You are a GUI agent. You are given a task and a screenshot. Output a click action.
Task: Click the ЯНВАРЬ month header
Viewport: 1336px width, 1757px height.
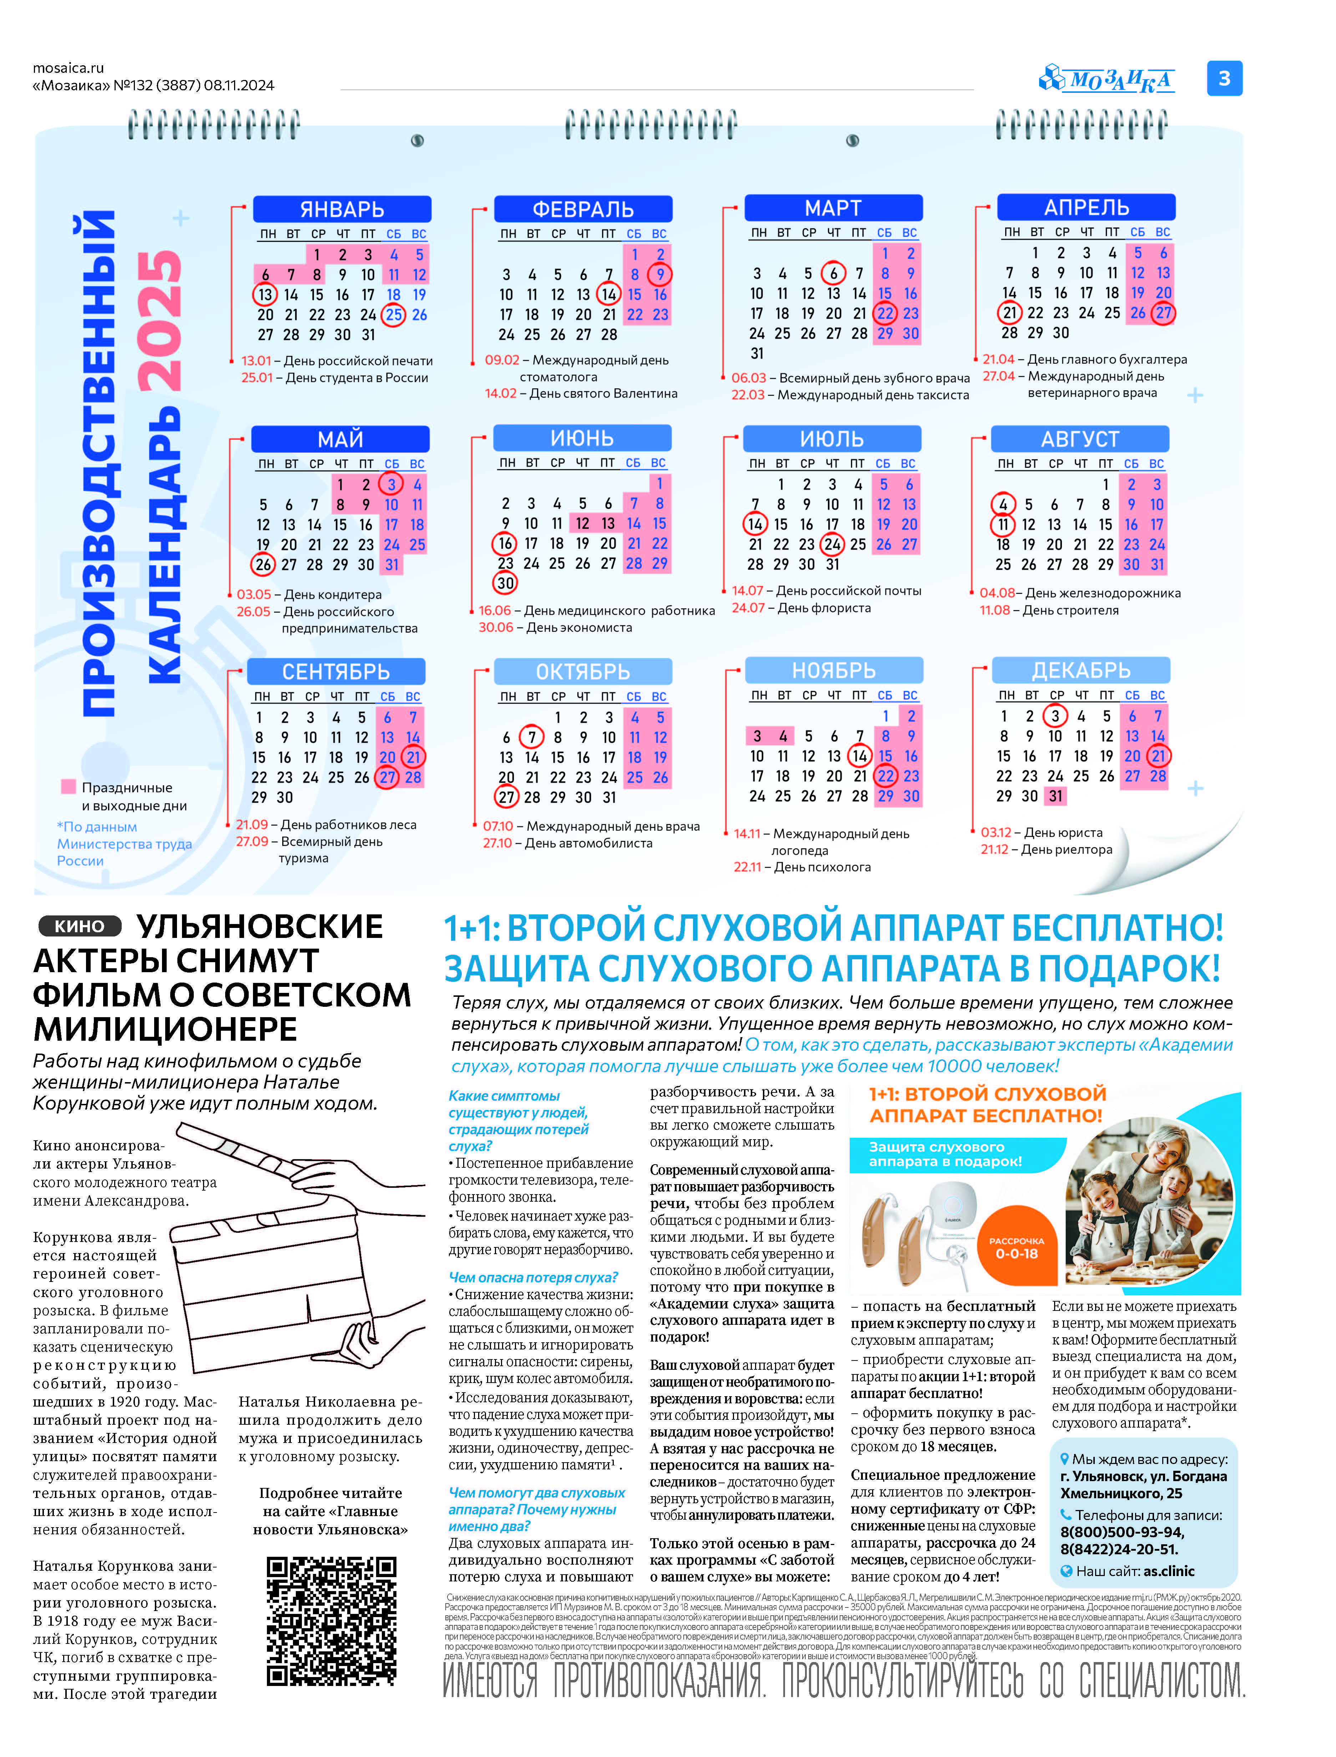pyautogui.click(x=342, y=209)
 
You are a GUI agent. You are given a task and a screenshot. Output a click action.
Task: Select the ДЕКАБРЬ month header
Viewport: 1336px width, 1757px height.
pyautogui.click(x=1081, y=671)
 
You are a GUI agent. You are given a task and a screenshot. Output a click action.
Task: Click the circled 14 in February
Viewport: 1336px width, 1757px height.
pyautogui.click(x=608, y=294)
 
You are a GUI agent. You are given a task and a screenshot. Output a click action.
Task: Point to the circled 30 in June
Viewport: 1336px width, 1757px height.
pyautogui.click(x=506, y=583)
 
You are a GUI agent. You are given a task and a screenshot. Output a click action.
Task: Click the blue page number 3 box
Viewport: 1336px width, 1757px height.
pyautogui.click(x=1224, y=79)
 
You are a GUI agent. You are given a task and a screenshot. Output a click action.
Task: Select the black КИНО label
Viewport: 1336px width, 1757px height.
pyautogui.click(x=80, y=926)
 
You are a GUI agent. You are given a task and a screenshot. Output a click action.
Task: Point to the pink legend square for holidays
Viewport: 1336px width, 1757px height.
pyautogui.click(x=69, y=787)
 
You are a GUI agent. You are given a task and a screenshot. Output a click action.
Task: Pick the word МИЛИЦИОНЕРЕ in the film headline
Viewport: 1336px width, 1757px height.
pyautogui.click(x=166, y=1029)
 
